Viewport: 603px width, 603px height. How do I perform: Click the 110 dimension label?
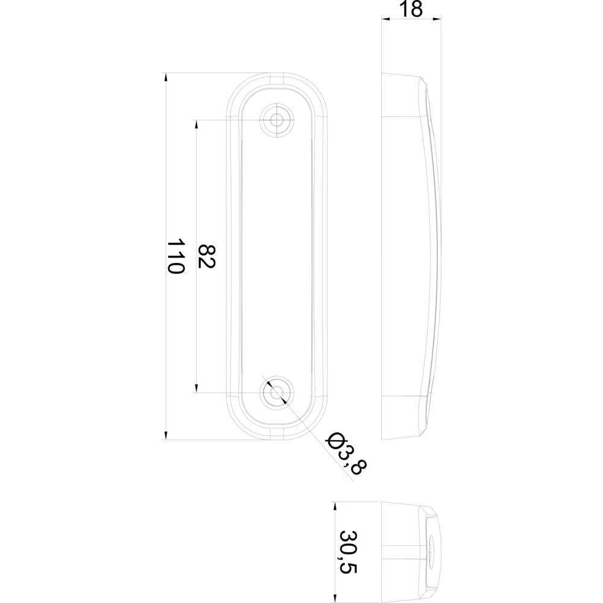click(x=175, y=256)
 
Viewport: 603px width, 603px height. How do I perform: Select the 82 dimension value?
click(x=207, y=256)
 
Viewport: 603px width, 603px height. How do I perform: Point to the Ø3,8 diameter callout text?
click(x=346, y=453)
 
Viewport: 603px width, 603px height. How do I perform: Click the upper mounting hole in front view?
click(x=277, y=119)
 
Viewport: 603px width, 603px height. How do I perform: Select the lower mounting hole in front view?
click(x=277, y=393)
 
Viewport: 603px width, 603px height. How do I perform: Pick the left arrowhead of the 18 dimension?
click(x=387, y=19)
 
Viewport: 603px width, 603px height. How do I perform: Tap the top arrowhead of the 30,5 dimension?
click(x=332, y=507)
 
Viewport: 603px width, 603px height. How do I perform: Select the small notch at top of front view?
click(x=277, y=78)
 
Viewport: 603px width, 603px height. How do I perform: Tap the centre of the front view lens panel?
click(x=277, y=256)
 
